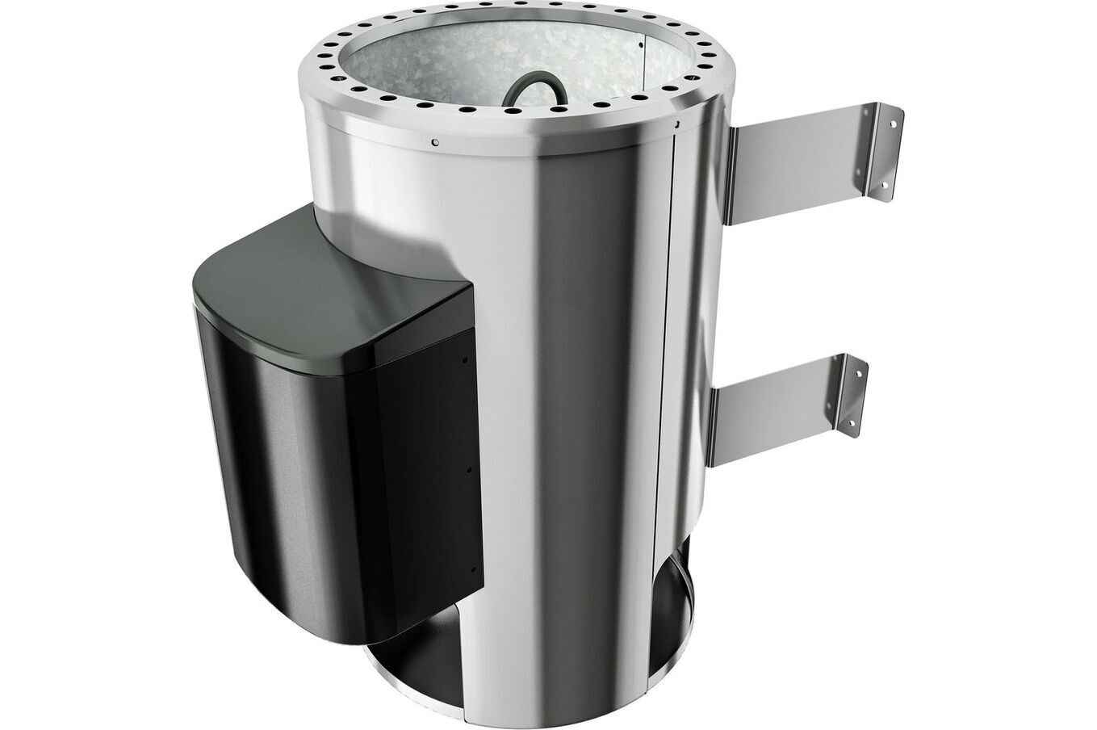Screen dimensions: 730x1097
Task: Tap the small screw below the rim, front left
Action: coord(434,145)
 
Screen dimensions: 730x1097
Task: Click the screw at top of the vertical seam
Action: coord(678,124)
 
